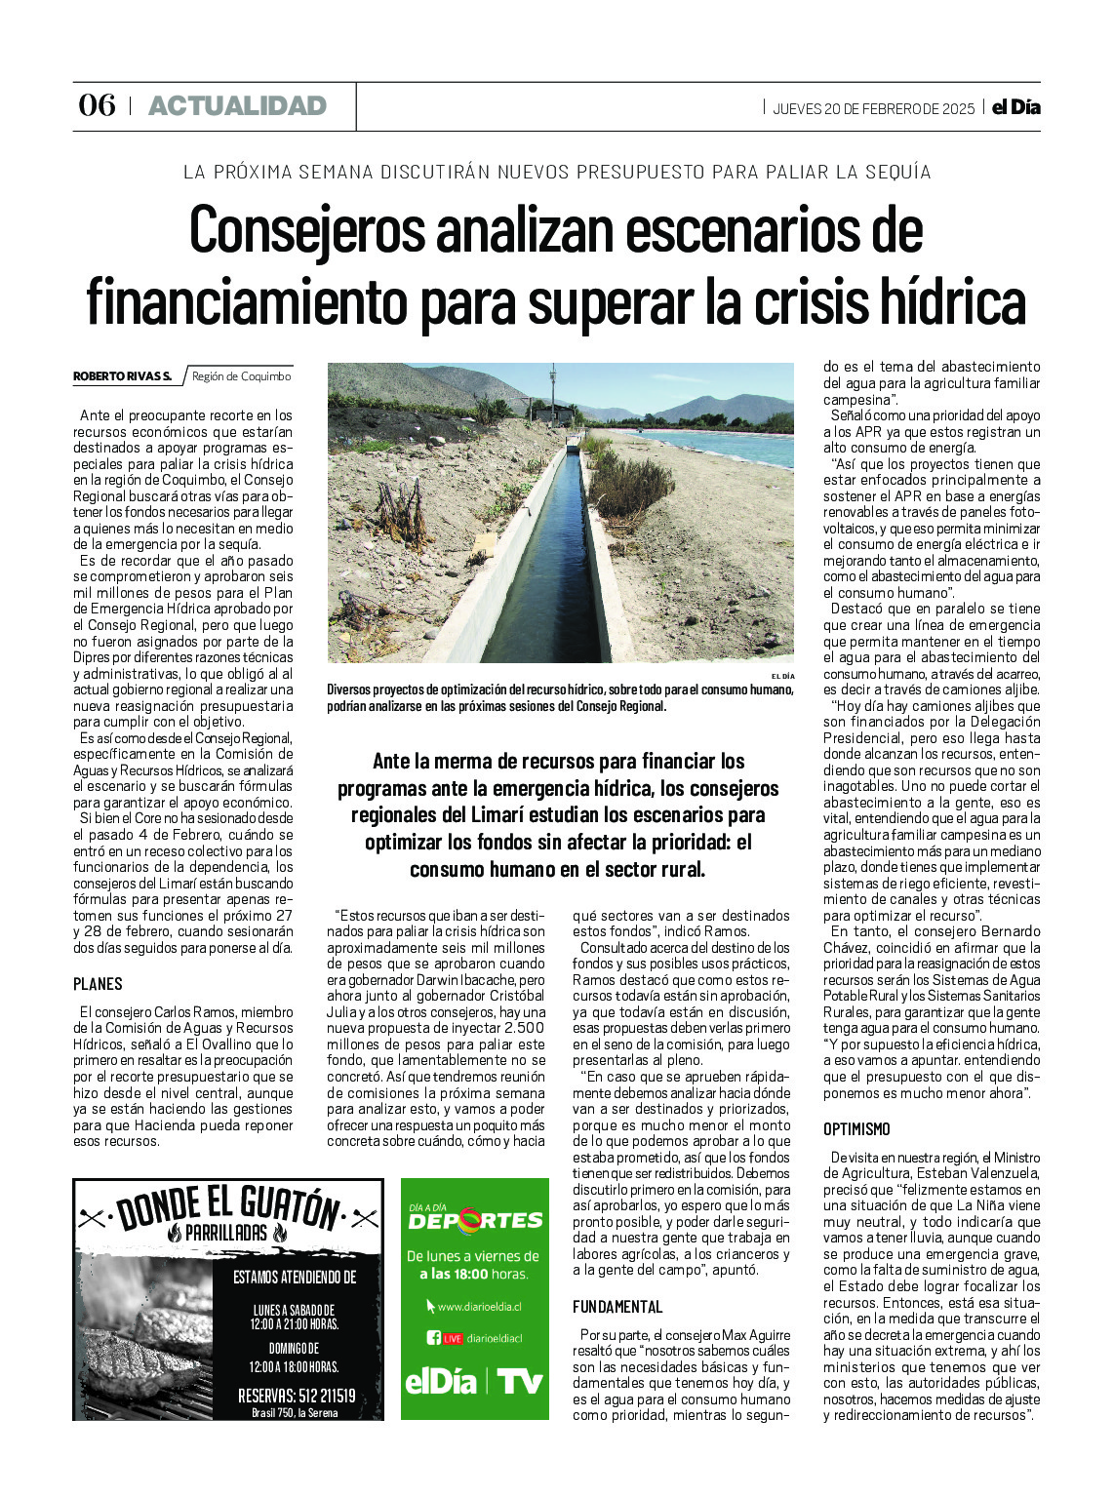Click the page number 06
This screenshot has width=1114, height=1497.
pos(97,105)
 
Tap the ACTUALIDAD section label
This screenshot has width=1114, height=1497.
pos(237,106)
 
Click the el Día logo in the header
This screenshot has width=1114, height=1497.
pos(1015,107)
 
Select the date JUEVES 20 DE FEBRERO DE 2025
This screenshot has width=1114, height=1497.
pos(873,108)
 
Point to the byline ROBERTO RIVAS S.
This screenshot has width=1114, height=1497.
pos(122,376)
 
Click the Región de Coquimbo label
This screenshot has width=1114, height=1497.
pos(241,376)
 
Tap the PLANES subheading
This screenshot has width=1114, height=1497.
pos(98,984)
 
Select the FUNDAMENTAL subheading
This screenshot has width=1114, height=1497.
pos(617,1307)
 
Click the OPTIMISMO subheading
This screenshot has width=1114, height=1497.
pos(856,1129)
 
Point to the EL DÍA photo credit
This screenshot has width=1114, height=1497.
pos(782,676)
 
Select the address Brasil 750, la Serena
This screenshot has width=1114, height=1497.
pos(295,1412)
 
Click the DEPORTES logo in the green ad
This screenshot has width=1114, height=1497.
pos(475,1220)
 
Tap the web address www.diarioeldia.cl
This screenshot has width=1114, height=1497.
pos(479,1307)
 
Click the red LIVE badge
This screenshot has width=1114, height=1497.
pos(453,1339)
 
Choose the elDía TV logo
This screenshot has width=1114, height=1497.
pos(474,1382)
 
